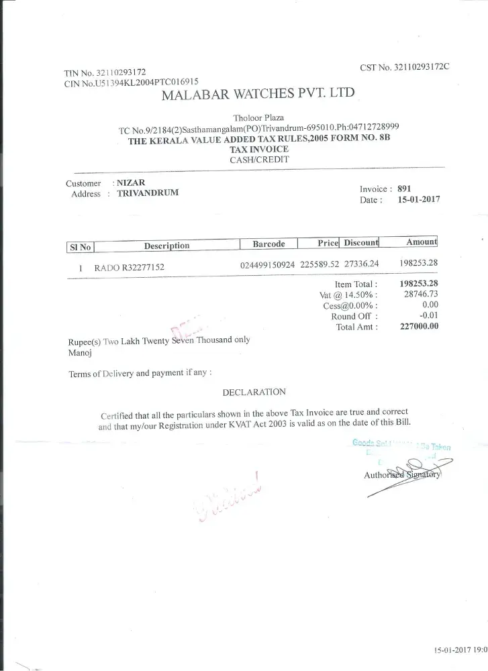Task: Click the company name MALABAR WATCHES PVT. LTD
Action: [x=258, y=94]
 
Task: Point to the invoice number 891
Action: [x=404, y=189]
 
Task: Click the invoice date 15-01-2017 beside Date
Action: [x=418, y=200]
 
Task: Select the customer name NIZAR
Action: [x=130, y=183]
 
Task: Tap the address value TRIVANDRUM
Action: [x=148, y=193]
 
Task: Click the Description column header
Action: [x=166, y=246]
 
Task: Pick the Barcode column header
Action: [x=269, y=244]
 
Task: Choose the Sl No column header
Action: [x=80, y=247]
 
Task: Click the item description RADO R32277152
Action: [x=129, y=267]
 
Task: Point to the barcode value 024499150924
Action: [x=266, y=264]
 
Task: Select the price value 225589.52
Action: [x=318, y=264]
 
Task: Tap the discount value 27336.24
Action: [x=361, y=264]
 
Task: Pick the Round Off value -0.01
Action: [x=428, y=316]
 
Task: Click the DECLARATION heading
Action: [x=254, y=392]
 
